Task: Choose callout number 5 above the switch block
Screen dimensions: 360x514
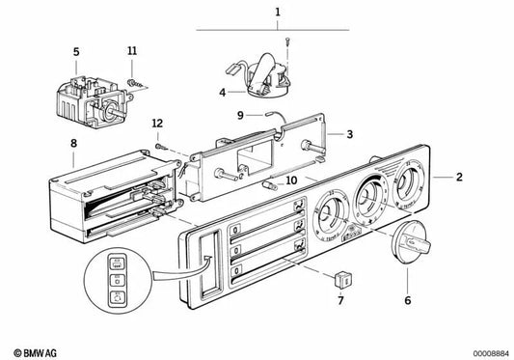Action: tap(76, 49)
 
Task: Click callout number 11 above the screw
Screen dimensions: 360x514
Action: tap(133, 49)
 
